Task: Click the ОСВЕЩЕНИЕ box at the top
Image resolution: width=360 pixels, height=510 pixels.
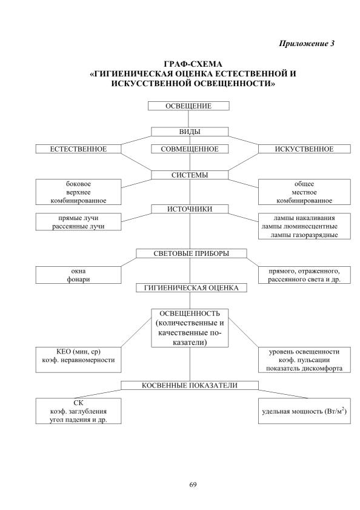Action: (188, 106)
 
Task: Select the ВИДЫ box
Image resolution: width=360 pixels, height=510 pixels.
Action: (190, 132)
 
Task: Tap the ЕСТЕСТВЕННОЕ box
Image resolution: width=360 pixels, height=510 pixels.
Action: (78, 149)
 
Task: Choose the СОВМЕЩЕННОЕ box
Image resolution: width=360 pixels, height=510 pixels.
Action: (190, 149)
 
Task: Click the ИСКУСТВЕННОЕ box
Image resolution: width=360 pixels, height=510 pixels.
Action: (304, 149)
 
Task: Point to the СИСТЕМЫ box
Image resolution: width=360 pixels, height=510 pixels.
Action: (190, 175)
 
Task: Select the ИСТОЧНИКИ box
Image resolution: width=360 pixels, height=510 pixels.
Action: (190, 209)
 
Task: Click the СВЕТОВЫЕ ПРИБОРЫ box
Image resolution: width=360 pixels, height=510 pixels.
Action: (192, 253)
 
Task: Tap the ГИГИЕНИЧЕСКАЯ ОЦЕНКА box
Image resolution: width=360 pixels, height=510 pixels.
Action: (192, 288)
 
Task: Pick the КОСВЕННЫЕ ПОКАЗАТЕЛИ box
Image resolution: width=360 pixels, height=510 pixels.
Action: (190, 386)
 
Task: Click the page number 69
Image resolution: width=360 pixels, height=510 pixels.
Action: (193, 485)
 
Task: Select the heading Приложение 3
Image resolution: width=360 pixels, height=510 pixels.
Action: (307, 44)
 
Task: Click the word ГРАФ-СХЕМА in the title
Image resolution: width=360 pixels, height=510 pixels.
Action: (193, 64)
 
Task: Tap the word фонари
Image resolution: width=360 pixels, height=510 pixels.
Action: (78, 280)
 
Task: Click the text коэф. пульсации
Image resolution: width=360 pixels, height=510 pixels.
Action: (304, 360)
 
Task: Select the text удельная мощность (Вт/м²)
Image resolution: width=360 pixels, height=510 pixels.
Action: (304, 411)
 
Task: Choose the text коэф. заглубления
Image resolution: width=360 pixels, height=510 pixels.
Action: (78, 411)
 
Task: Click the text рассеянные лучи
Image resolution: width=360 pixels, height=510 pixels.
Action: (78, 226)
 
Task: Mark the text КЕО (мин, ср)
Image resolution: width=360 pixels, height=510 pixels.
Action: (78, 352)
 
